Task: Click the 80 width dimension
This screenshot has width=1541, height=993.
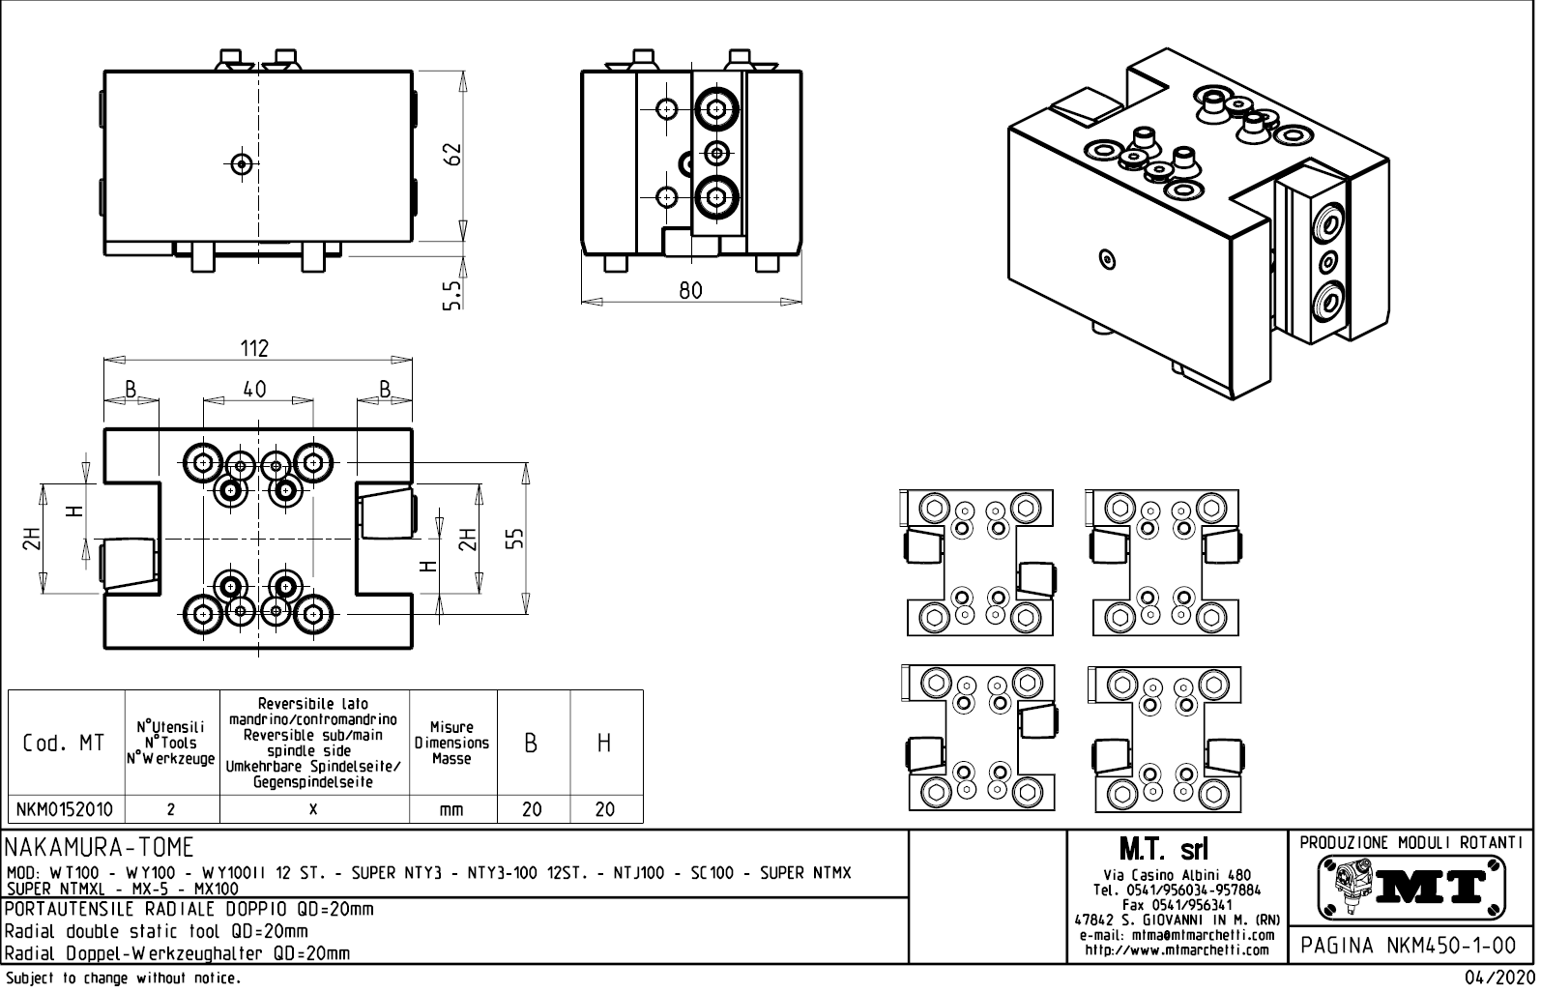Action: [x=690, y=290]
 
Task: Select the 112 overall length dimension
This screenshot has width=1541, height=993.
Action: [x=254, y=348]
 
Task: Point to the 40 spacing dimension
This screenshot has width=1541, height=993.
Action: [x=254, y=389]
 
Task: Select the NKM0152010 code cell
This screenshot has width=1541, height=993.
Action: [x=66, y=809]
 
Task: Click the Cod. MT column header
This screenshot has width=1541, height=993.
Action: [x=64, y=744]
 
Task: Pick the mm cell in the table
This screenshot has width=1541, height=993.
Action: [x=451, y=810]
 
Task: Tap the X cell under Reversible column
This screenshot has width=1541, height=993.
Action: [x=313, y=809]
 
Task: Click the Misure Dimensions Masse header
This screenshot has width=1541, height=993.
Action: [x=451, y=744]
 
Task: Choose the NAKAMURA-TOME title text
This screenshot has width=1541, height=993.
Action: [x=101, y=848]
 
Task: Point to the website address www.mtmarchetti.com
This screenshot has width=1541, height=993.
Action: [x=1176, y=949]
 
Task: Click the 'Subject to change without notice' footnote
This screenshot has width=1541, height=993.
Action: [x=122, y=978]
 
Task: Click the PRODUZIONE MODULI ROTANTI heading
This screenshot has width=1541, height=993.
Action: [x=1412, y=842]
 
